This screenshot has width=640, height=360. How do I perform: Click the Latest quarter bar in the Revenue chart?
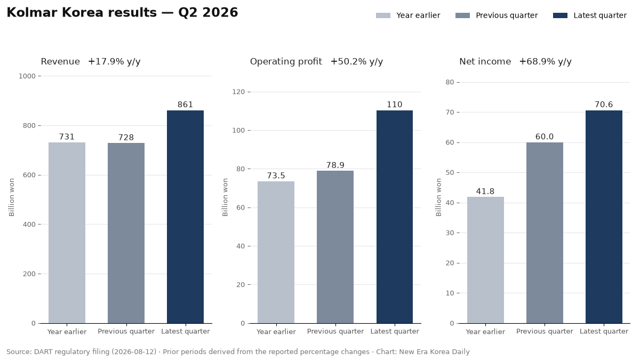pyautogui.click(x=185, y=217)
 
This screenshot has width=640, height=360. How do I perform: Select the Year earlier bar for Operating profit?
pyautogui.click(x=276, y=252)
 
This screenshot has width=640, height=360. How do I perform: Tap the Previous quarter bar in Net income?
pyautogui.click(x=545, y=233)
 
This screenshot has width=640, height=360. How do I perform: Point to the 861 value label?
pyautogui.click(x=185, y=105)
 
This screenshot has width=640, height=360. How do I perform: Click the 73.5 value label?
pyautogui.click(x=276, y=175)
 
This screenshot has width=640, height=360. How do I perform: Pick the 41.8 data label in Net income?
pyautogui.click(x=485, y=191)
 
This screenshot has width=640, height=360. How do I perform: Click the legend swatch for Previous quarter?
pyautogui.click(x=462, y=15)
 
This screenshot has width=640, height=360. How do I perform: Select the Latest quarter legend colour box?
pyautogui.click(x=560, y=15)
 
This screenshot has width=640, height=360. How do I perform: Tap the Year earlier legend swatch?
pyautogui.click(x=383, y=15)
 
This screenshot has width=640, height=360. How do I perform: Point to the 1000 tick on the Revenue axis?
pyautogui.click(x=27, y=76)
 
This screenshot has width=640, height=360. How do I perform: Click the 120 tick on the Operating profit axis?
pyautogui.click(x=238, y=92)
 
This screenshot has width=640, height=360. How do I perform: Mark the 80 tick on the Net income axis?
pyautogui.click(x=450, y=82)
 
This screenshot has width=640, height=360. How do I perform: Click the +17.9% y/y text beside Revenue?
pyautogui.click(x=114, y=61)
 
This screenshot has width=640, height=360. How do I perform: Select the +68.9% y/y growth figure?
pyautogui.click(x=546, y=61)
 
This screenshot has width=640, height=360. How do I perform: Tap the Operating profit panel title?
pyautogui.click(x=286, y=61)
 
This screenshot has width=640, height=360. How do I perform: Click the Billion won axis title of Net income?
pyautogui.click(x=438, y=197)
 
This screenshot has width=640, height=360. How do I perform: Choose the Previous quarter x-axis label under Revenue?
pyautogui.click(x=126, y=331)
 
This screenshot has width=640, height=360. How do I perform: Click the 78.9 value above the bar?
pyautogui.click(x=335, y=165)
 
